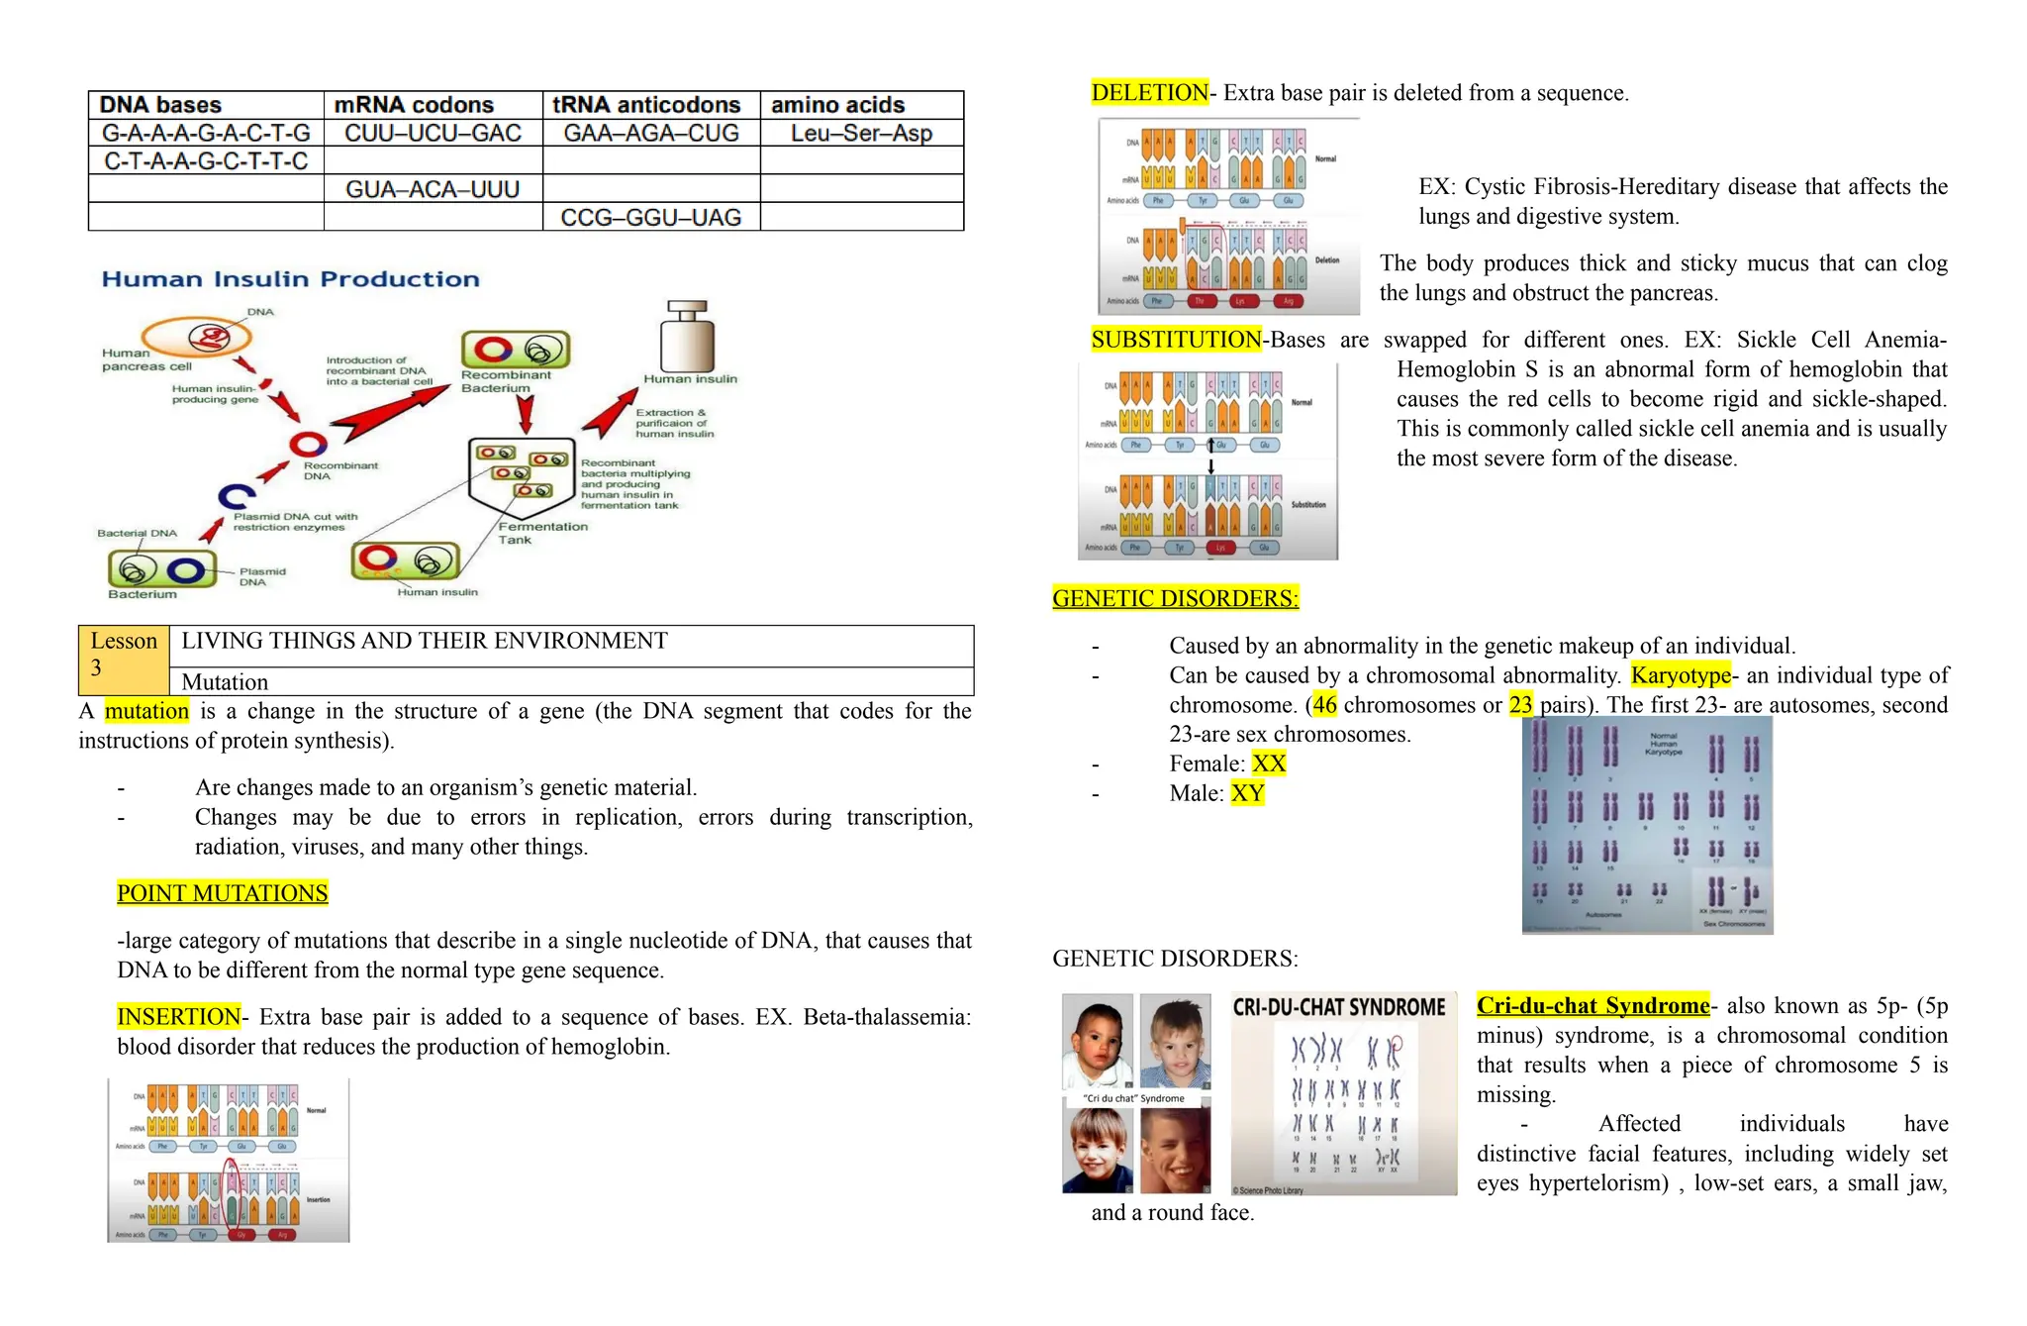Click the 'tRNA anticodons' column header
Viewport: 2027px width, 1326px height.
(x=645, y=105)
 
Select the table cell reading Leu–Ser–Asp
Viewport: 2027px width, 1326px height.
(x=861, y=133)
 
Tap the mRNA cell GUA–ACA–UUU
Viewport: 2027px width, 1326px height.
(x=433, y=189)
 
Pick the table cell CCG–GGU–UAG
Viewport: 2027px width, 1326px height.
(x=650, y=217)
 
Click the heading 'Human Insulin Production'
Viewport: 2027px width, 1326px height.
(x=290, y=279)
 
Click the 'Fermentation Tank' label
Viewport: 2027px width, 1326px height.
(x=541, y=533)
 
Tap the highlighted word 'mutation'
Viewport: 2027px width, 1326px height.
(x=146, y=711)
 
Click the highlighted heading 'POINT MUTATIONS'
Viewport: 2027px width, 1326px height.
(x=222, y=893)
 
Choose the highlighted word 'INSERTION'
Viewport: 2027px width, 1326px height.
(x=178, y=1017)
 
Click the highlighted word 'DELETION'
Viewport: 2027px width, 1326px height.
(x=1149, y=93)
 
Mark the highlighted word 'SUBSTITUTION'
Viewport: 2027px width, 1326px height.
(x=1176, y=340)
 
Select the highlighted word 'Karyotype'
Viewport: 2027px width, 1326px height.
(x=1681, y=675)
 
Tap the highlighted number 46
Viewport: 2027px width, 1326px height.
(x=1324, y=705)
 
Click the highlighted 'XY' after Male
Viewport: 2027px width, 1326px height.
(x=1247, y=793)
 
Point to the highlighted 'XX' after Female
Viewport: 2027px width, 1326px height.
(x=1268, y=764)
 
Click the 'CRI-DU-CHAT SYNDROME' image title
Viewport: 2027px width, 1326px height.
(x=1338, y=1007)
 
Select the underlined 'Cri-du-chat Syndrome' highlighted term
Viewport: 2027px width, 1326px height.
(x=1592, y=1006)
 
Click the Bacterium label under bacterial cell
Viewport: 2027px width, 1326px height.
(x=143, y=594)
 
